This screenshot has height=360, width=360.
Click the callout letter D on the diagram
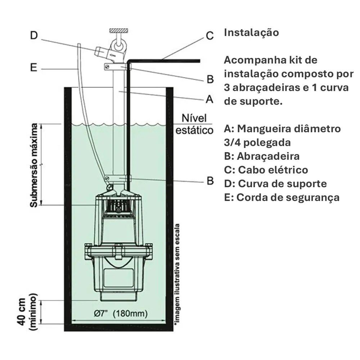pyautogui.click(x=34, y=35)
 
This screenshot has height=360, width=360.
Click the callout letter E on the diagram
pyautogui.click(x=33, y=68)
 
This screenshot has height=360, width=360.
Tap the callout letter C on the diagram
pyautogui.click(x=210, y=36)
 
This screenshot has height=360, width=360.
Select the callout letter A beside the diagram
pyautogui.click(x=210, y=99)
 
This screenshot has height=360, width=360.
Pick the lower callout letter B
pyautogui.click(x=210, y=181)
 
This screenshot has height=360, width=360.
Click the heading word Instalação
pyautogui.click(x=251, y=33)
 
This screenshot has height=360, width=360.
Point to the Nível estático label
pyautogui.click(x=194, y=124)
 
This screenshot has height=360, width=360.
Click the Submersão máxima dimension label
pyautogui.click(x=34, y=165)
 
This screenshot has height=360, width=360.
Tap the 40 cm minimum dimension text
pyautogui.click(x=27, y=311)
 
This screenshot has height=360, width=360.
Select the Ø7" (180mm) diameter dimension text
pyautogui.click(x=121, y=313)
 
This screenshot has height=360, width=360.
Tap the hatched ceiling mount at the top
pyautogui.click(x=118, y=31)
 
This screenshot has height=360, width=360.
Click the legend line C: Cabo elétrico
pyautogui.click(x=266, y=170)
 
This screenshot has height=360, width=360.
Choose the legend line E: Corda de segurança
pyautogui.click(x=282, y=197)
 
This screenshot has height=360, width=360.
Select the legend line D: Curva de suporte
pyautogui.click(x=275, y=184)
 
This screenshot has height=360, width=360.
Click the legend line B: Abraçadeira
pyautogui.click(x=262, y=156)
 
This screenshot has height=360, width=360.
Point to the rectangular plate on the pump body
pyautogui.click(x=118, y=278)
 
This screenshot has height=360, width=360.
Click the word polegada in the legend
pyautogui.click(x=267, y=143)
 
